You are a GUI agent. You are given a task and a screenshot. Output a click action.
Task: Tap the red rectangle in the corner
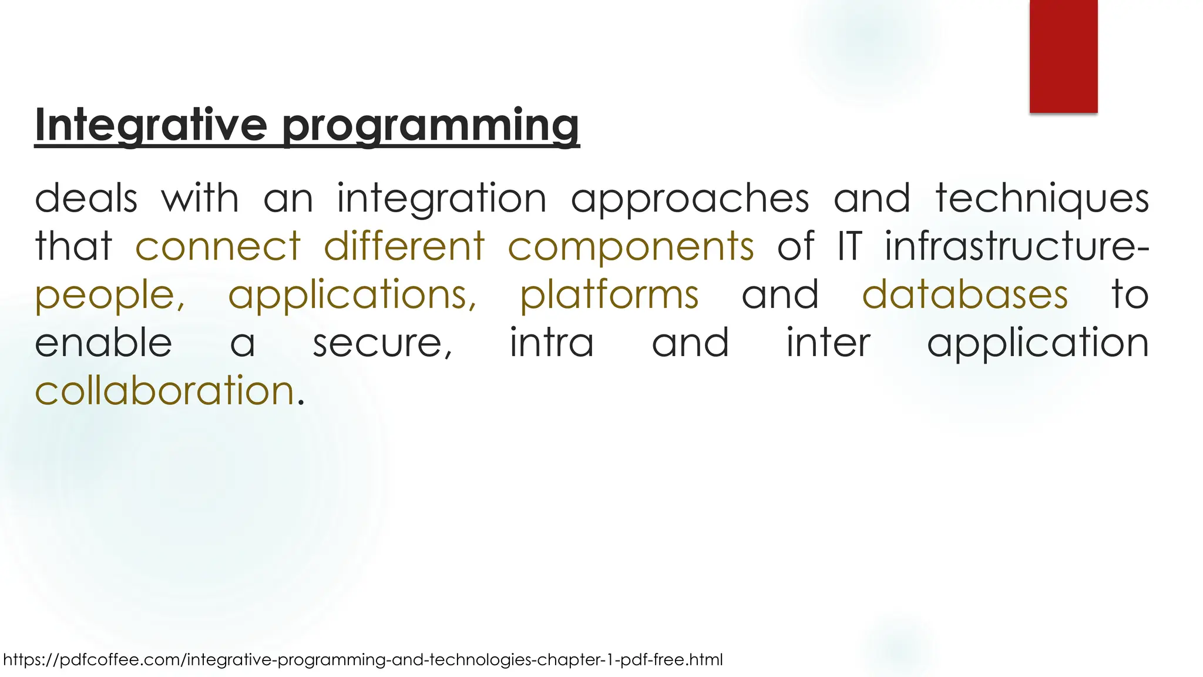pos(1063,56)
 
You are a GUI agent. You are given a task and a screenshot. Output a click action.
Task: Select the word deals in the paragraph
pos(86,198)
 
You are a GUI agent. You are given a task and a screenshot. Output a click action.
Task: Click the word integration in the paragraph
pos(441,199)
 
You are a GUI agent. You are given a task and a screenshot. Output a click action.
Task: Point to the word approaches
pos(690,199)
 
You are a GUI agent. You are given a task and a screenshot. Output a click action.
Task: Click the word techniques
pos(1042,199)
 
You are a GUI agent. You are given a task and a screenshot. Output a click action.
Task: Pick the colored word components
pos(630,247)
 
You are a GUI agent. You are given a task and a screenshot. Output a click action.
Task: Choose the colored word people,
pos(110,295)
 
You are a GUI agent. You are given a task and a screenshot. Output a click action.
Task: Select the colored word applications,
pos(352,295)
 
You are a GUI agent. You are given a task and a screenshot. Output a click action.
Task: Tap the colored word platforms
pos(609,295)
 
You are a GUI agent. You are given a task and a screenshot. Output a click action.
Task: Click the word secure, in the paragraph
pos(382,343)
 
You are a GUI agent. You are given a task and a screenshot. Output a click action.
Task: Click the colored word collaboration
pos(164,390)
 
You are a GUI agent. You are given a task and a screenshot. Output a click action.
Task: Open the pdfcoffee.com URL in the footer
pos(362,659)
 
